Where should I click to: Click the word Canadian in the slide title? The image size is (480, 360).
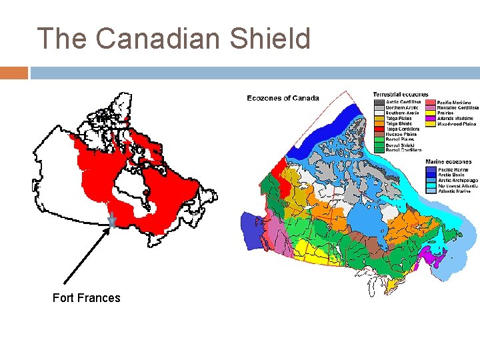coord(157,39)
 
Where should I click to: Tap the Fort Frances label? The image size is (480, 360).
coord(86,298)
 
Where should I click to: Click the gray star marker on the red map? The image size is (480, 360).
coord(112,220)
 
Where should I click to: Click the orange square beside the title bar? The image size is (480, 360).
coord(13,72)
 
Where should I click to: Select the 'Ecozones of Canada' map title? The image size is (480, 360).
coord(283,98)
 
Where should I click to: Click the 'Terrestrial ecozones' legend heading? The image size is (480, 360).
coord(401,95)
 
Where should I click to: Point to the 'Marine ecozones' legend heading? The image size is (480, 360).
coord(448,162)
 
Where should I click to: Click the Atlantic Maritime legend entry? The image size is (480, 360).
coord(455,118)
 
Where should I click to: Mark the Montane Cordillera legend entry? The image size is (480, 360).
coord(457,107)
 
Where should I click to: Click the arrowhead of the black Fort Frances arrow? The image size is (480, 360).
coord(109,229)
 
